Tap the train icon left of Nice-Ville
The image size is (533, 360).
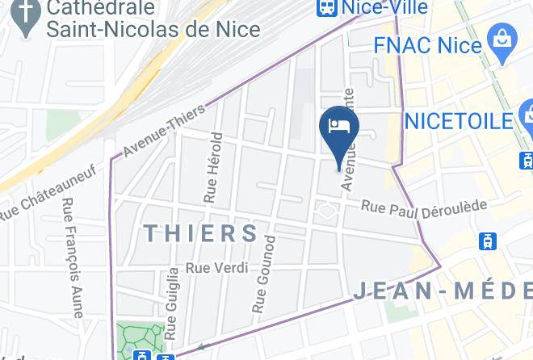[x=326, y=7]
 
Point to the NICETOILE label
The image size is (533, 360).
[x=459, y=121]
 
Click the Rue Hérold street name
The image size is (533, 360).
[x=212, y=165]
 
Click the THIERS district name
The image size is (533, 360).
[x=201, y=234]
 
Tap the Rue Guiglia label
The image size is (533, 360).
[x=173, y=303]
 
